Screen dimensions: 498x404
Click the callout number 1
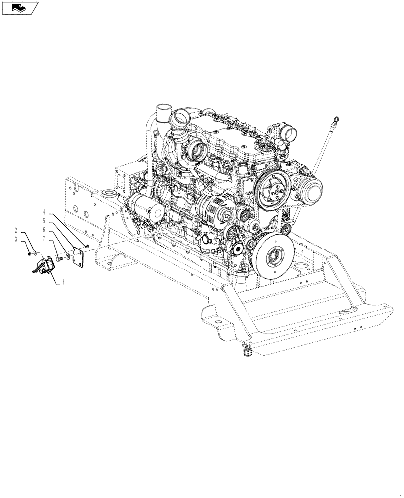(x=63, y=282)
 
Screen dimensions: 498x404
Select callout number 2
(x=16, y=231)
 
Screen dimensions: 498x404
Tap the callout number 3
(x=16, y=240)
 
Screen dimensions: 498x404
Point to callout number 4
(x=44, y=211)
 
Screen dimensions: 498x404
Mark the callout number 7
(x=44, y=240)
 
